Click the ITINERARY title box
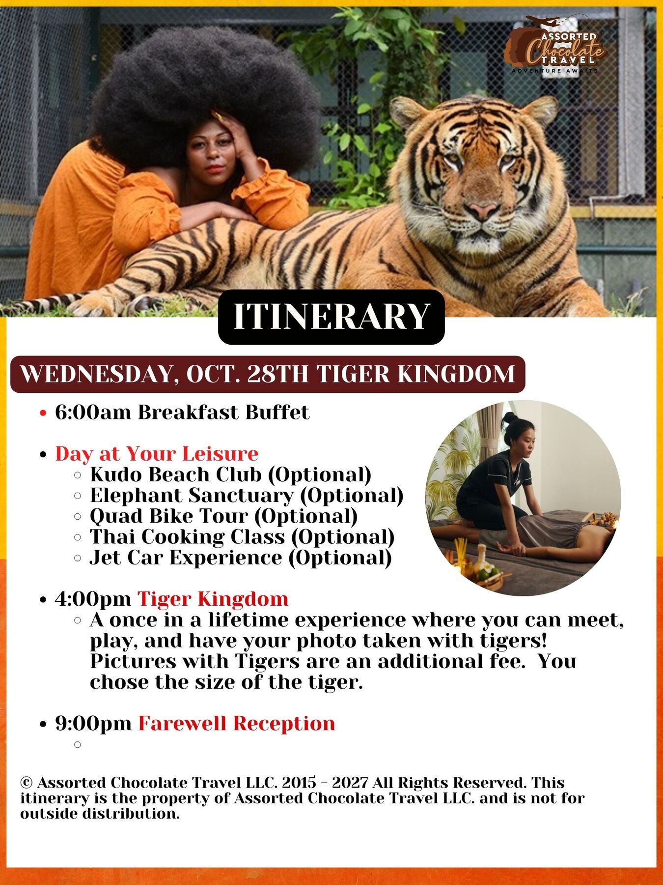point(331,317)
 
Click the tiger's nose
point(483,210)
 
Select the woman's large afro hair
point(206,93)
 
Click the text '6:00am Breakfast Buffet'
point(182,412)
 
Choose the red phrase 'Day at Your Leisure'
point(157,453)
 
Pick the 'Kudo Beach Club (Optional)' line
point(231,474)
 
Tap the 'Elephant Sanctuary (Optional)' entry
point(247,495)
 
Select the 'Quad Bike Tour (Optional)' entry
point(224,516)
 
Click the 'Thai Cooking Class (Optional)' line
point(242,536)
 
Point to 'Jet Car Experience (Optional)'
point(241,558)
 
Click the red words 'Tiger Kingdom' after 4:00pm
point(213,599)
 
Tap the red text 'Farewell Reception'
point(237,723)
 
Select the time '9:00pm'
point(93,724)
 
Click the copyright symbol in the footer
point(27,782)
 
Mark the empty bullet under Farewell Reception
point(77,745)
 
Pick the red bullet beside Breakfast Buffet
point(43,413)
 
